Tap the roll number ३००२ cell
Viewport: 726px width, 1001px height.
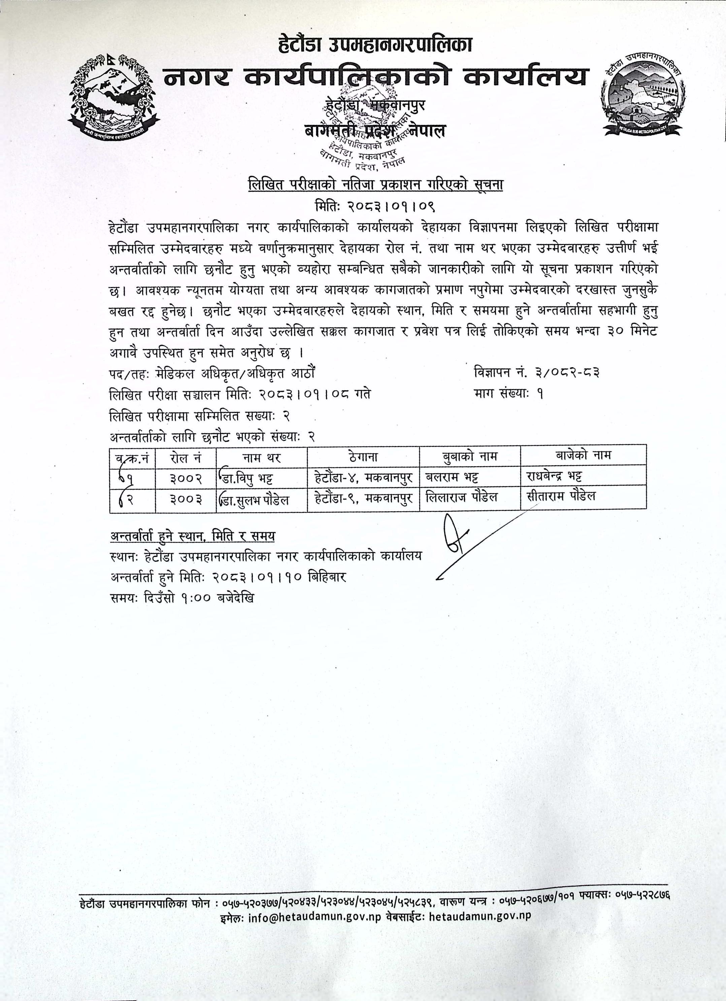[x=186, y=477]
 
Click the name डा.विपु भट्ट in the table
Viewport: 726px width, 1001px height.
[x=254, y=477]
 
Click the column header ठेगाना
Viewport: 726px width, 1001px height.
[x=363, y=456]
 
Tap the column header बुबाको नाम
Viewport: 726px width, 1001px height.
[x=469, y=456]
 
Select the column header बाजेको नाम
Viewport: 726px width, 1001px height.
[x=583, y=455]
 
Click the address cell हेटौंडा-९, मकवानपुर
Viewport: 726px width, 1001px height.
[x=363, y=498]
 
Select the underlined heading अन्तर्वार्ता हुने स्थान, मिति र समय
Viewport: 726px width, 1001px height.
[x=193, y=536]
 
